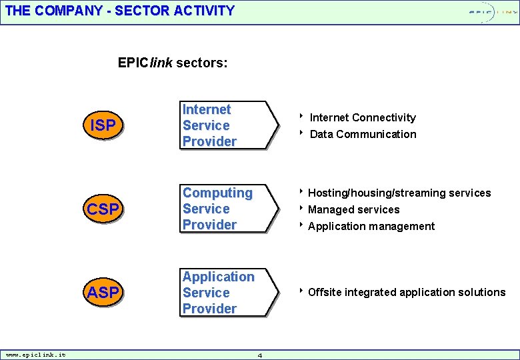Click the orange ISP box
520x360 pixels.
click(103, 125)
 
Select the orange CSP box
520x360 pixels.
click(103, 209)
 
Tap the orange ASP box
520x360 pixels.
click(103, 292)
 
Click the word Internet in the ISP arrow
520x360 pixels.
click(207, 109)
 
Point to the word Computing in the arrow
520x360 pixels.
click(217, 193)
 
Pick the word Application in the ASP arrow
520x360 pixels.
click(218, 277)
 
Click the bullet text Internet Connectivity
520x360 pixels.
click(363, 118)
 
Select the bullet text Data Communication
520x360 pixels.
click(363, 134)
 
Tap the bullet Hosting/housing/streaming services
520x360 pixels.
click(399, 193)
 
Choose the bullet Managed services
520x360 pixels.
click(353, 210)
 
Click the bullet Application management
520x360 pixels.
click(371, 227)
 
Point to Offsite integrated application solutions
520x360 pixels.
click(406, 293)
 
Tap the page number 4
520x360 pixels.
click(260, 355)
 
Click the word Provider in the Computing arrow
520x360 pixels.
click(209, 225)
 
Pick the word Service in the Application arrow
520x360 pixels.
click(206, 293)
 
